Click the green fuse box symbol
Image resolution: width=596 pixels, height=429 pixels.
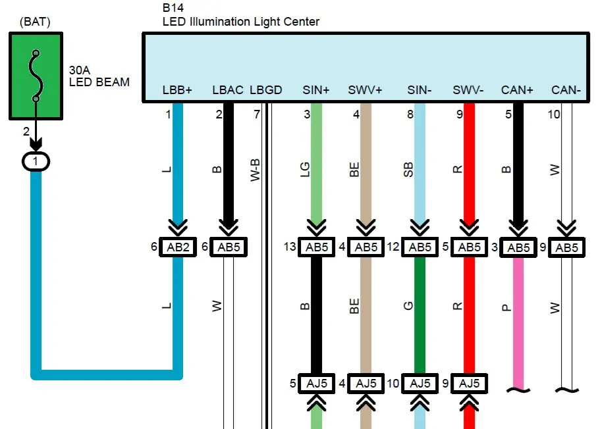pyautogui.click(x=37, y=76)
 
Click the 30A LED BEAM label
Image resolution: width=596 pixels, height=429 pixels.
pyautogui.click(x=99, y=76)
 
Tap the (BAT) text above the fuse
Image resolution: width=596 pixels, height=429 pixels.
pyautogui.click(x=35, y=22)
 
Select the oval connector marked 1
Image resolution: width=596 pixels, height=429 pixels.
pyautogui.click(x=36, y=160)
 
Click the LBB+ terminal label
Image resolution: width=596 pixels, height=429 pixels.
pyautogui.click(x=176, y=90)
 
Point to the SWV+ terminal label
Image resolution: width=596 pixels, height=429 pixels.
pyautogui.click(x=366, y=90)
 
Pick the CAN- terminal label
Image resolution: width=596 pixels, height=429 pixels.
pyautogui.click(x=566, y=90)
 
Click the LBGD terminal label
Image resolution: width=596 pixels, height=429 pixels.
pyautogui.click(x=266, y=90)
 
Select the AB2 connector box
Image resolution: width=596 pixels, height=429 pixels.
pyautogui.click(x=178, y=247)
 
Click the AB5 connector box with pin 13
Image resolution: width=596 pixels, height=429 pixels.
pyautogui.click(x=316, y=247)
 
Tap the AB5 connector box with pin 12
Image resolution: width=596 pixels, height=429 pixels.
pyautogui.click(x=419, y=247)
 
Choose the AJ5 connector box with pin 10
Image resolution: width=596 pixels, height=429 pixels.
pyautogui.click(x=419, y=384)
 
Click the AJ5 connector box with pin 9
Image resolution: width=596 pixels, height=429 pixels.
pyautogui.click(x=469, y=384)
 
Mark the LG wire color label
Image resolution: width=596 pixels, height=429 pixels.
pyautogui.click(x=304, y=169)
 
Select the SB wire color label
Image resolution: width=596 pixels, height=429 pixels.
pyautogui.click(x=408, y=169)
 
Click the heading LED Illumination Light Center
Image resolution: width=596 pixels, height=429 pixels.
pyautogui.click(x=241, y=22)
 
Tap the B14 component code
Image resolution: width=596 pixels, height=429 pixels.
pyautogui.click(x=174, y=9)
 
